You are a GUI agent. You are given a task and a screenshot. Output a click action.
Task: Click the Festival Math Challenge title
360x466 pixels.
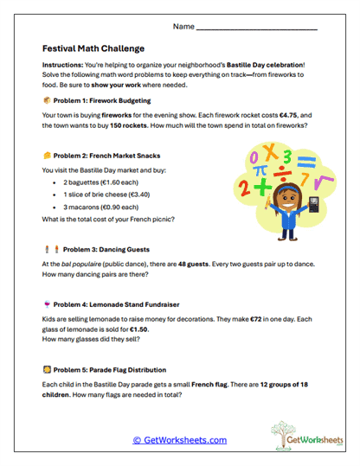pyautogui.click(x=93, y=48)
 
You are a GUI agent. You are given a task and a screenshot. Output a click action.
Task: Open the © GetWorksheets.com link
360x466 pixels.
pyautogui.click(x=180, y=439)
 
